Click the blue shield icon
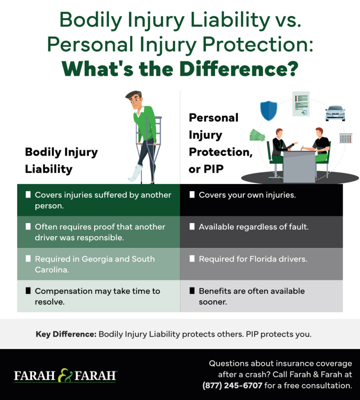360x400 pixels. coord(269,111)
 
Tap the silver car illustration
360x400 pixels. coord(335,113)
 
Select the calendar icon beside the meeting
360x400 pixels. coord(346,138)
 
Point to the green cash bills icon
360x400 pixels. coord(257,135)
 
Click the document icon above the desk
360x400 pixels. coord(301,104)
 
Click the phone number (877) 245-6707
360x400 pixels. coord(232,385)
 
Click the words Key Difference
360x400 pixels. coord(66,334)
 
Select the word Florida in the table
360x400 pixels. coord(263,259)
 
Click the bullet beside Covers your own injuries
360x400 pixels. coord(192,195)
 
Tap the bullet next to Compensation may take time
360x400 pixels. coord(28,291)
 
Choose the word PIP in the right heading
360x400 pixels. coord(214,169)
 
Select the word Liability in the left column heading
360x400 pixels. coord(49,169)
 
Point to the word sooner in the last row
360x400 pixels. coord(213,302)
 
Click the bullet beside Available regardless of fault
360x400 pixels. coord(192,227)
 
